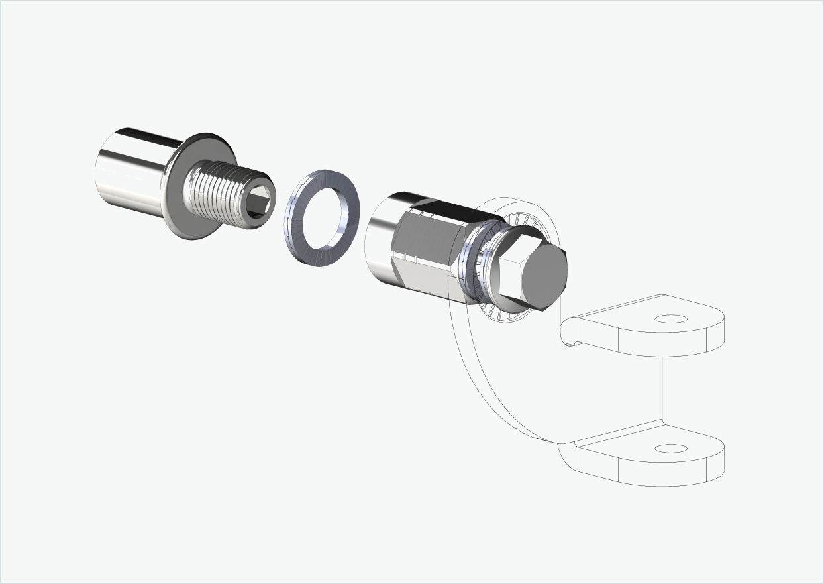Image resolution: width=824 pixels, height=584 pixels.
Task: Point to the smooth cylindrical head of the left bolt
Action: [129, 171]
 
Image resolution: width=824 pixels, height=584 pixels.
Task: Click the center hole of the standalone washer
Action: [324, 216]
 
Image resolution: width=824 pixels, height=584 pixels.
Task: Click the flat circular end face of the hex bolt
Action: [545, 277]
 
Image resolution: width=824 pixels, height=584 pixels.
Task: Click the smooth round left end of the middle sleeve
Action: [379, 239]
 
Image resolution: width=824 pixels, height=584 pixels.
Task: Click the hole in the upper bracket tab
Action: [670, 319]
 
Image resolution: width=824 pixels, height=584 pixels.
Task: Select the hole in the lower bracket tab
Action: [670, 449]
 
